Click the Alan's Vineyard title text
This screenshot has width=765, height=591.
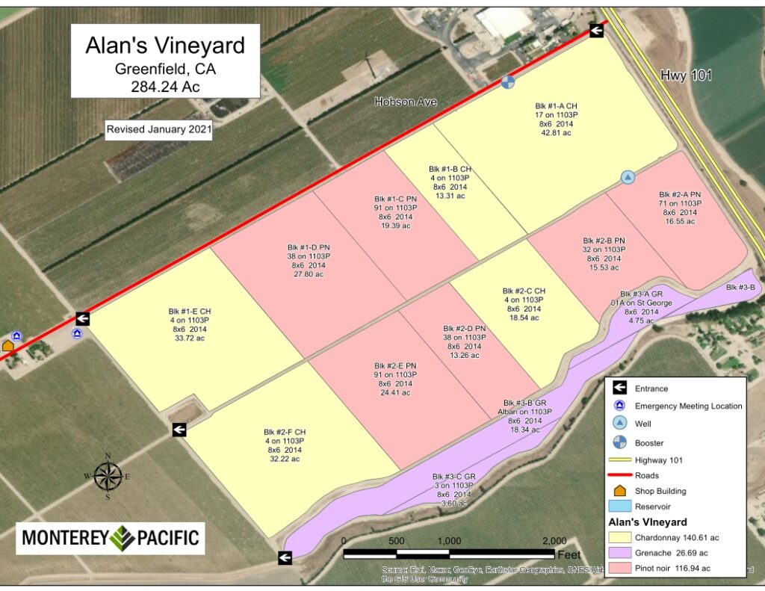(x=165, y=46)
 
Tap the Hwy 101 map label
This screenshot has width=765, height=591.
(x=687, y=75)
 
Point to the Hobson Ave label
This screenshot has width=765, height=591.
(x=406, y=102)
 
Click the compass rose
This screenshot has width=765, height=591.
(x=108, y=476)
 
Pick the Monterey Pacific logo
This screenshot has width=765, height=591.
(x=111, y=537)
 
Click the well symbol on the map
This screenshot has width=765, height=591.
(x=628, y=177)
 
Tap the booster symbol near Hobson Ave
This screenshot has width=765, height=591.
(x=508, y=81)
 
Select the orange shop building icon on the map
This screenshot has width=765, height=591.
(x=8, y=346)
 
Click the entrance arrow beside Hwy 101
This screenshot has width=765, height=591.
(x=596, y=30)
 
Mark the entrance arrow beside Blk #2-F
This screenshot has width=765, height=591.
(x=179, y=430)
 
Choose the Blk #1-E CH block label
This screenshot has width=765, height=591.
(x=190, y=311)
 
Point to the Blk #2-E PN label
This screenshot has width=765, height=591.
(x=395, y=365)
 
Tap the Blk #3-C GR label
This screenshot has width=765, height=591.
(x=453, y=477)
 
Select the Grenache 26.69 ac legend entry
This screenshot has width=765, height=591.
(x=672, y=553)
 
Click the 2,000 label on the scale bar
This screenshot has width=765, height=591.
(x=554, y=542)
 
